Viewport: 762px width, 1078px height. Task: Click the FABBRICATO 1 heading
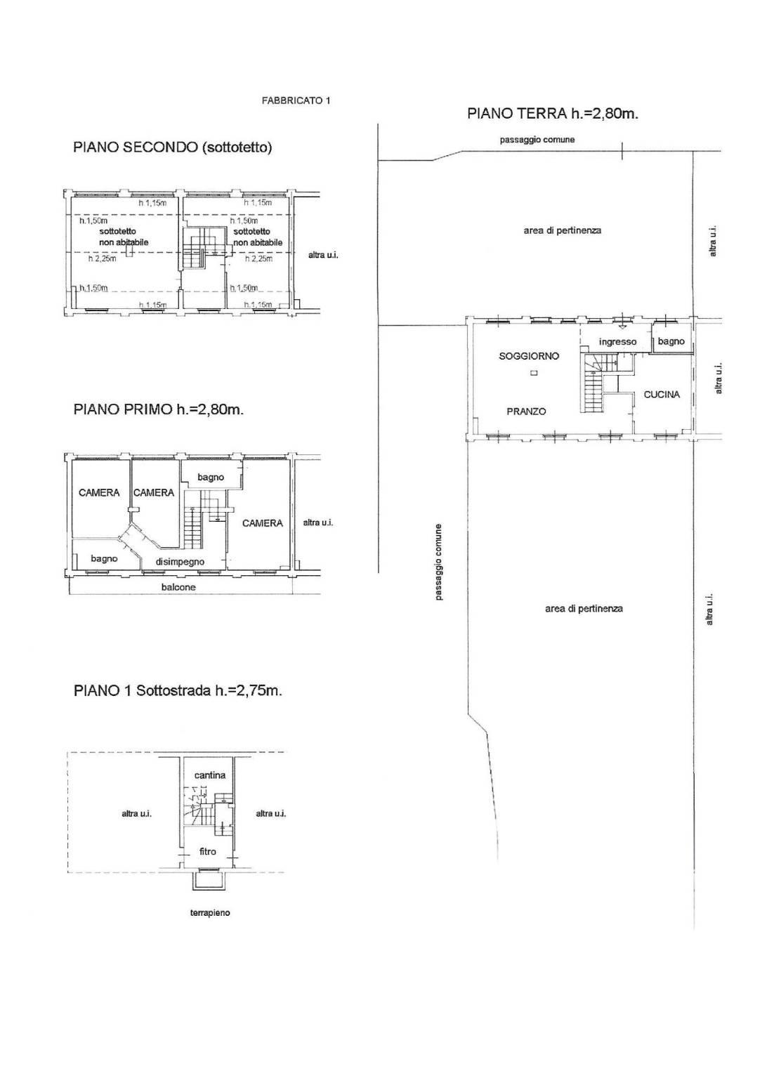click(296, 100)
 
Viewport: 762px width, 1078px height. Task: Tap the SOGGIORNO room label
click(529, 356)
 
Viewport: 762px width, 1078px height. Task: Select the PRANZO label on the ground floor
click(526, 412)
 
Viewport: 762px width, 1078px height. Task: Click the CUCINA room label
click(662, 395)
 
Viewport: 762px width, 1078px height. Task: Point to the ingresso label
click(617, 342)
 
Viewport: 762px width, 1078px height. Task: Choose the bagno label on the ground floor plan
click(671, 341)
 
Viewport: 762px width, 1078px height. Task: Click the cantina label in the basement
click(210, 775)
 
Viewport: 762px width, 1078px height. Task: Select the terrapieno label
click(210, 912)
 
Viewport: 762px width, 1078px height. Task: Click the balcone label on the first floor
click(178, 587)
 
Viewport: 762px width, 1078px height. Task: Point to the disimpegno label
click(180, 562)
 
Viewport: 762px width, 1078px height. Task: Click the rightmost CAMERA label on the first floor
click(263, 523)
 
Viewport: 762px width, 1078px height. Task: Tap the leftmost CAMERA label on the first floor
click(99, 493)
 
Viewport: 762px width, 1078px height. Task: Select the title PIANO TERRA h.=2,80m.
click(553, 114)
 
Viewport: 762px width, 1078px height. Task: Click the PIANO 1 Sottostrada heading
click(178, 691)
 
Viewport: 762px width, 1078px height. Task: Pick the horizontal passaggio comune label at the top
click(537, 140)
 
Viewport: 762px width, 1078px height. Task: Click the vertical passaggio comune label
click(438, 562)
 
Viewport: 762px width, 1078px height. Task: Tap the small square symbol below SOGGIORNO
click(534, 372)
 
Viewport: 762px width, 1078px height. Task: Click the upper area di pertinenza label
click(563, 230)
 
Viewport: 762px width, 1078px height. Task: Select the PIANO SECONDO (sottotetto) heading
click(173, 147)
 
